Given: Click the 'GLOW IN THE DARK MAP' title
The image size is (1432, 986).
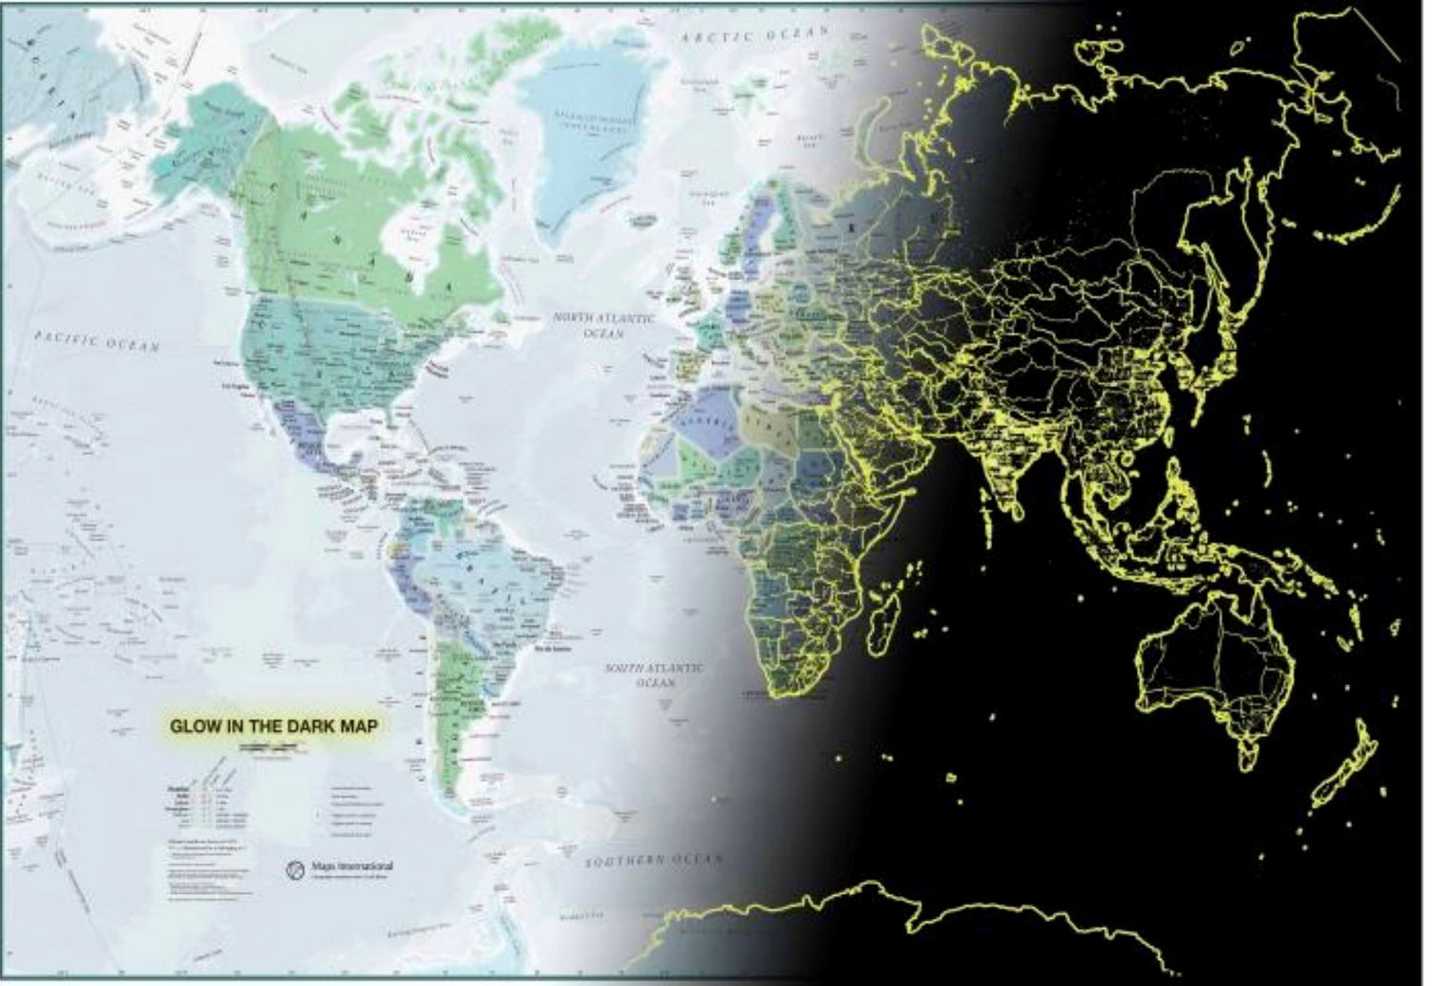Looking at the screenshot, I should [x=273, y=725].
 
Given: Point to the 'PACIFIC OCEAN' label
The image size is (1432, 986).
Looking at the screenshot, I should [x=95, y=340].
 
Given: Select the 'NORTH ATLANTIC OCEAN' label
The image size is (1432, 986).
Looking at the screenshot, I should [x=605, y=326].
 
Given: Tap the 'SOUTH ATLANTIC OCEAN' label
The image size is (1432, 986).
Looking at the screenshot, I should [x=656, y=675].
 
